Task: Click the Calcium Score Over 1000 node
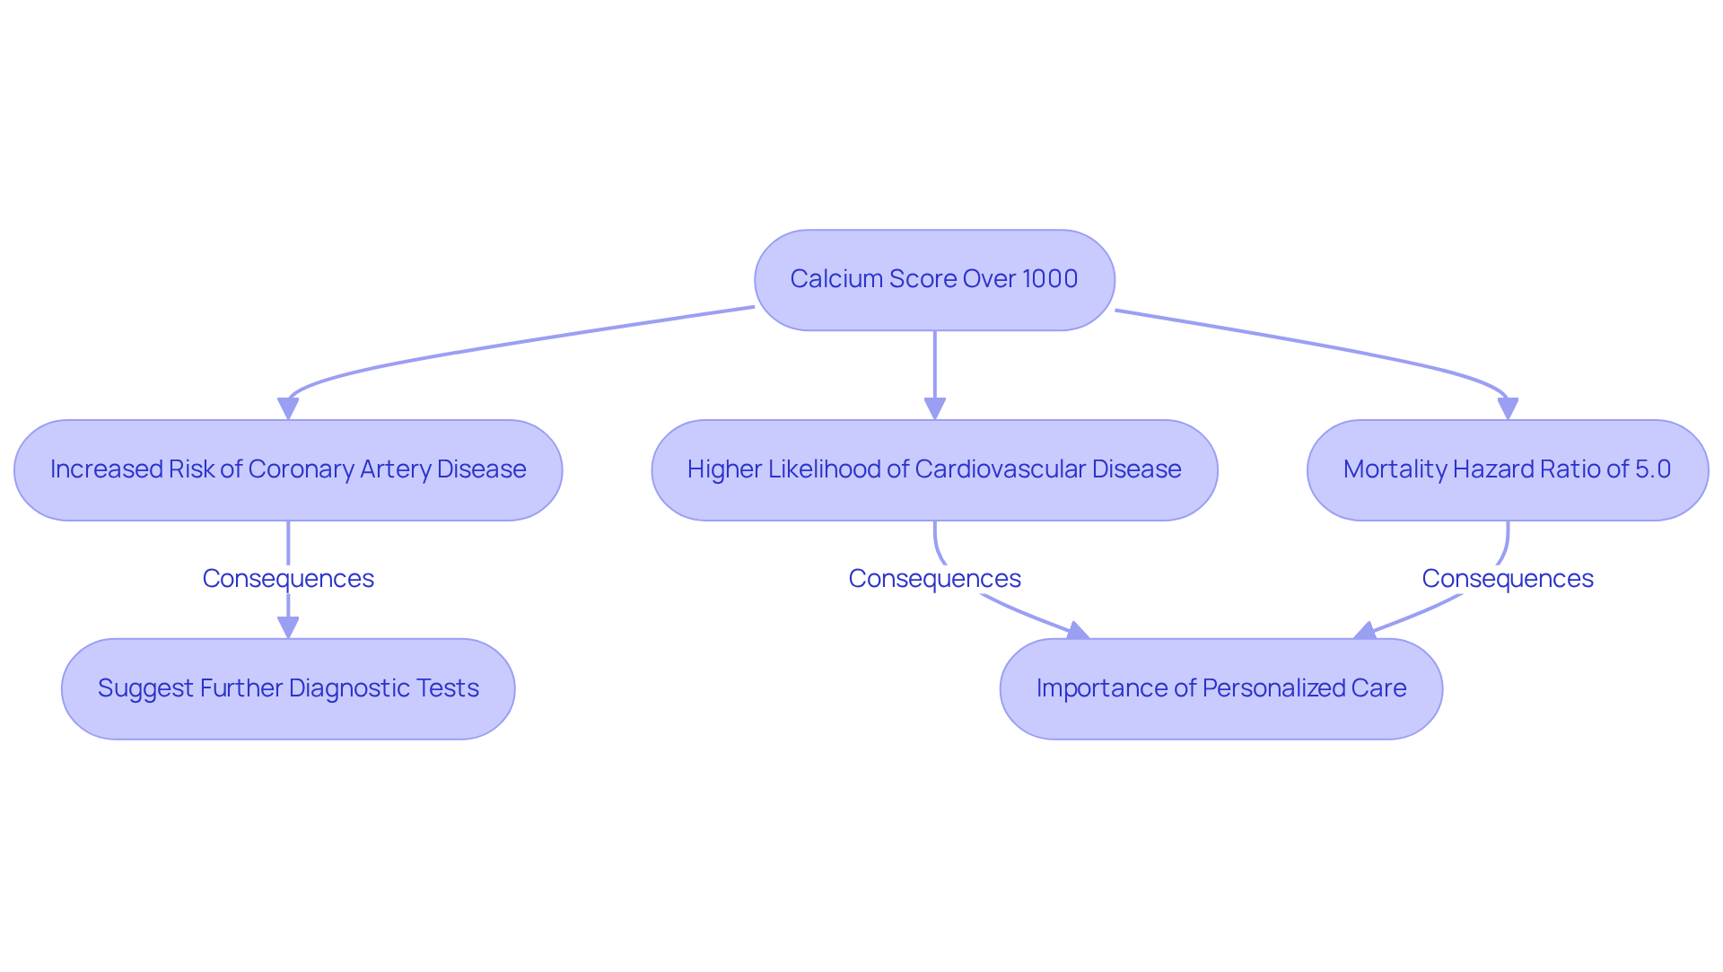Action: [x=934, y=279]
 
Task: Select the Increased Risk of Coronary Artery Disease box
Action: [x=288, y=469]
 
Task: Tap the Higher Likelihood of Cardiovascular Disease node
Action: [x=934, y=469]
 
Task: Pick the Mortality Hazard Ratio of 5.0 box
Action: [x=1508, y=469]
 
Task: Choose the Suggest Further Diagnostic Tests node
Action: [x=288, y=688]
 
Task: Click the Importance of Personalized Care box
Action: [x=1221, y=688]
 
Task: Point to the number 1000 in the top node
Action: [x=1049, y=279]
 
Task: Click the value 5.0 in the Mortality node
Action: [x=1653, y=469]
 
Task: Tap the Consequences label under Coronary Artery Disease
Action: [x=288, y=579]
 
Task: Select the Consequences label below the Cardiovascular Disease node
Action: [x=934, y=579]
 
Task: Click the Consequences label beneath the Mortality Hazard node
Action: [x=1508, y=579]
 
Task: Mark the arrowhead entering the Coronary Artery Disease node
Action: [x=288, y=409]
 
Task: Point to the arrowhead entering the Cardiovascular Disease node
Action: [x=935, y=409]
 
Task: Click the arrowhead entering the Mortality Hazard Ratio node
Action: [x=1508, y=409]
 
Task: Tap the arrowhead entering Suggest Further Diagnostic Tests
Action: [x=288, y=628]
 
